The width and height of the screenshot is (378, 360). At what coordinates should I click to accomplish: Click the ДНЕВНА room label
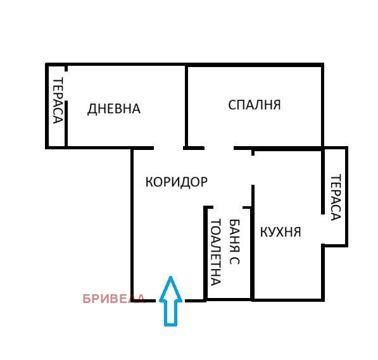point(113,109)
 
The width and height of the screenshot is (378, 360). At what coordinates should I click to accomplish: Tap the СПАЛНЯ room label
point(254,104)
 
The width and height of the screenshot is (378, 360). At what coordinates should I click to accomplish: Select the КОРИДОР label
point(176,182)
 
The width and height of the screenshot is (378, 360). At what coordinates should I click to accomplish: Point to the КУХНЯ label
point(280,232)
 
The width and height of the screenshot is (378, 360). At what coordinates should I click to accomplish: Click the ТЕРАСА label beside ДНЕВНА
point(57,101)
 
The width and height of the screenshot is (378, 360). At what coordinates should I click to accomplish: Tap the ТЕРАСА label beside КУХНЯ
point(336,197)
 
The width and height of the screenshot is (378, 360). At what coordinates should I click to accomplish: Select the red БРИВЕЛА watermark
point(114,299)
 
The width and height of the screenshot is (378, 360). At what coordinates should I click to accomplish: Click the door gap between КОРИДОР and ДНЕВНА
point(168,148)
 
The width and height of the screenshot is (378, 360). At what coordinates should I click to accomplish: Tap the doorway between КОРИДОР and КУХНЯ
point(253,170)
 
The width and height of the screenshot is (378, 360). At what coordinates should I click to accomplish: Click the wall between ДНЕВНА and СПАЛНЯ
point(186,104)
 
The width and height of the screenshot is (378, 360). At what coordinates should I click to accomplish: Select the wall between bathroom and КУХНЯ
point(253,253)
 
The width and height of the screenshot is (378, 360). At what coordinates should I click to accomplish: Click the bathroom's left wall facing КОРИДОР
point(205,253)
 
